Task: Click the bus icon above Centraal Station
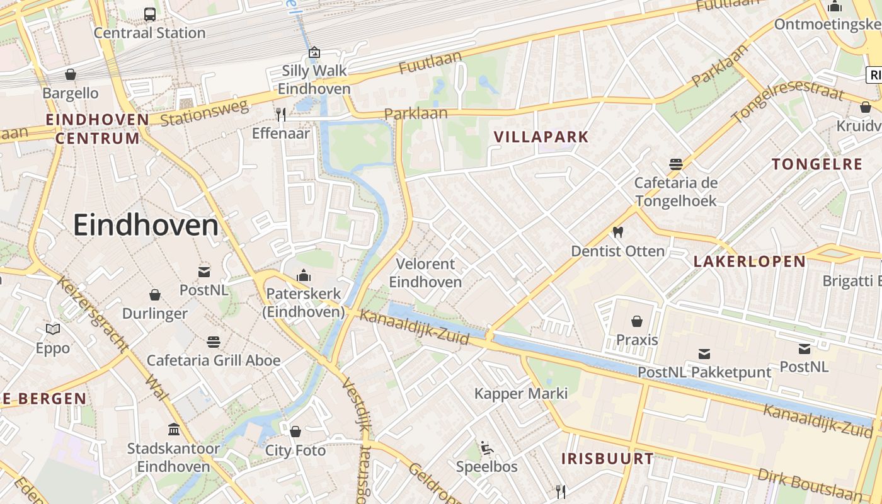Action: tap(150, 14)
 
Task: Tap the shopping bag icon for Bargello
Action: tap(71, 74)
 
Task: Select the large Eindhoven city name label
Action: tap(146, 225)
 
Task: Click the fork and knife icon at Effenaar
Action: tap(281, 114)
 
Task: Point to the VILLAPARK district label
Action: tap(541, 137)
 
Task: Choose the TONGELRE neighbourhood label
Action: tap(817, 164)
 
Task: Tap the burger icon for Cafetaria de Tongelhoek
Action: tap(676, 164)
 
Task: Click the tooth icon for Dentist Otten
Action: tap(618, 232)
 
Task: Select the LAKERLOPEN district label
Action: tap(750, 261)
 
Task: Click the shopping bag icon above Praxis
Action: tap(637, 321)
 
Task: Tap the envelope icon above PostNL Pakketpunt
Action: tap(704, 354)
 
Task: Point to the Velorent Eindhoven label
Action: tap(425, 273)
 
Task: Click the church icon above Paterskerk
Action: tap(304, 275)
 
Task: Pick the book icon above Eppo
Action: tap(53, 329)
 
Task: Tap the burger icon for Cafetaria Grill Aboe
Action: tap(214, 342)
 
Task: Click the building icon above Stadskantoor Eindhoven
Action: tap(174, 430)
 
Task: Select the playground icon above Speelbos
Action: tap(486, 448)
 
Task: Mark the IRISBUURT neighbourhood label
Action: tap(608, 459)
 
